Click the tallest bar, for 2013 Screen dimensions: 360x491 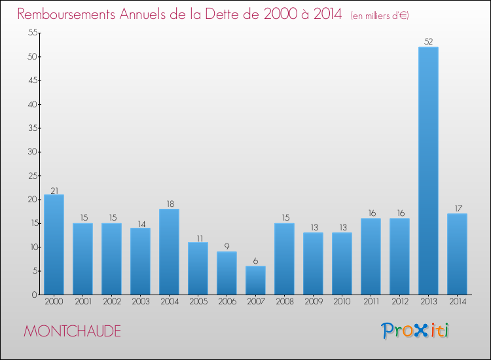pos(428,170)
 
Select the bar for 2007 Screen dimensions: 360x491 pos(255,280)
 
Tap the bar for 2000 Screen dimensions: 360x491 pos(54,244)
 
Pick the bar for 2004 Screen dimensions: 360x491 pos(169,251)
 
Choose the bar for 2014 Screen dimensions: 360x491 pos(457,254)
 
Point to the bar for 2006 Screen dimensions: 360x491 pos(227,273)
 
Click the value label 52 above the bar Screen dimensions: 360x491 pos(428,42)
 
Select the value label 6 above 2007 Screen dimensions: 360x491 pos(255,261)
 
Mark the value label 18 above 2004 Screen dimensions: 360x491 pos(169,204)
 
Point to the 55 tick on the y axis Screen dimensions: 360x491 pos(31,33)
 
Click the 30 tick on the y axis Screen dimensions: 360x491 pos(31,152)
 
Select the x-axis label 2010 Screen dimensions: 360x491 pos(342,302)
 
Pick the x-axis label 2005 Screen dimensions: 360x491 pos(198,302)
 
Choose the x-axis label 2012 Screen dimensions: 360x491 pos(399,302)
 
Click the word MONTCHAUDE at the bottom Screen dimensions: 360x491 pos(72,331)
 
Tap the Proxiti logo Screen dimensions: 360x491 pos(416,331)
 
